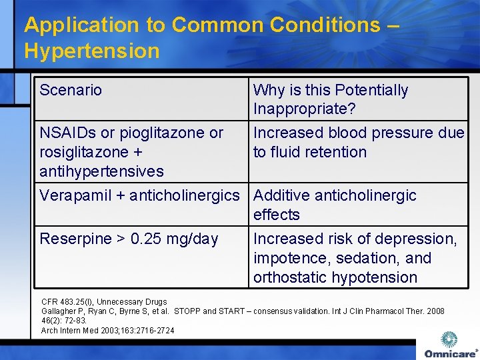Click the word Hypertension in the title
tap(91, 51)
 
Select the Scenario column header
tap(71, 90)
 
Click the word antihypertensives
tap(101, 171)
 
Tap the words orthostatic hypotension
tap(335, 277)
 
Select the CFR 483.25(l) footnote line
tap(104, 302)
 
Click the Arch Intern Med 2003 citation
tap(107, 331)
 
